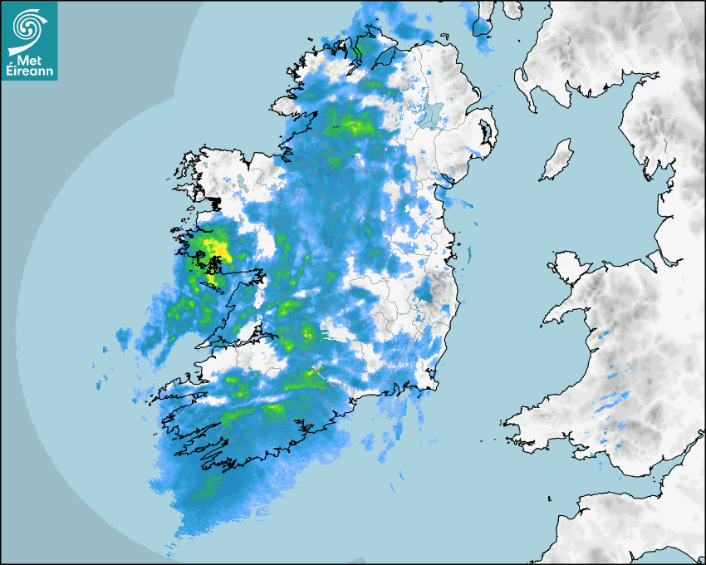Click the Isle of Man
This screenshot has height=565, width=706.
557,160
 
